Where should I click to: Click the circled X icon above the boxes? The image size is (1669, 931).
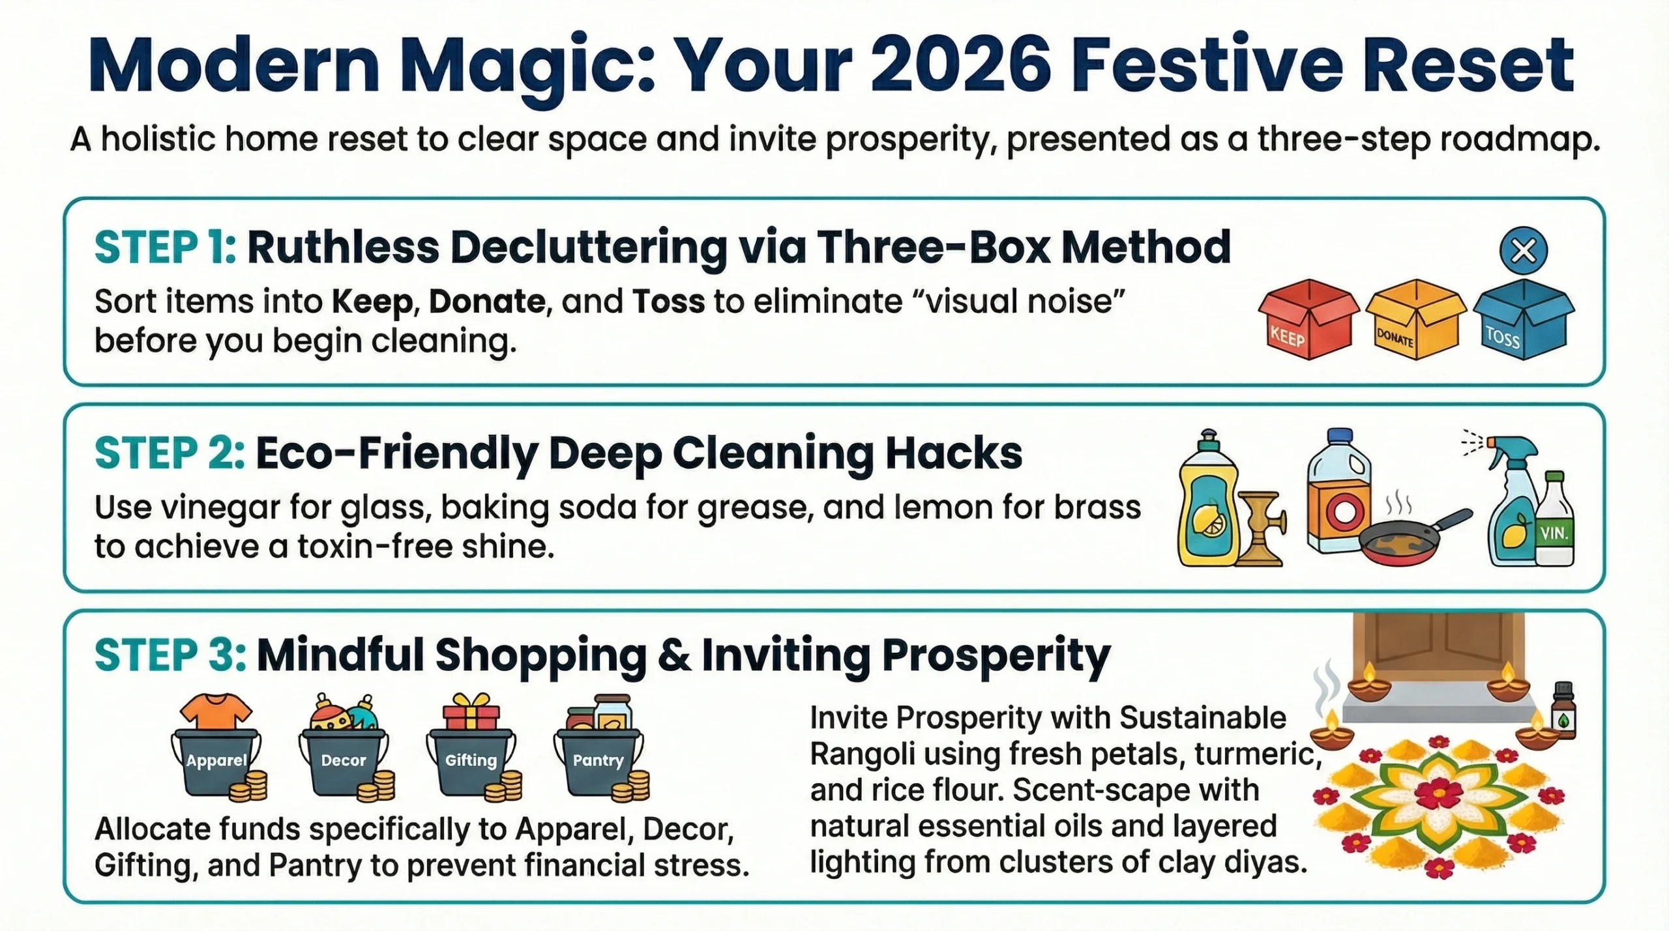(1524, 251)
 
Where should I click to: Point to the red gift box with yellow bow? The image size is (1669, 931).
(471, 713)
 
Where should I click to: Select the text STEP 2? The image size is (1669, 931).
(170, 454)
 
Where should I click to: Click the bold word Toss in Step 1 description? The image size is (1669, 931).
(668, 302)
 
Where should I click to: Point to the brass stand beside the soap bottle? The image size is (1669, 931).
(1262, 528)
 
